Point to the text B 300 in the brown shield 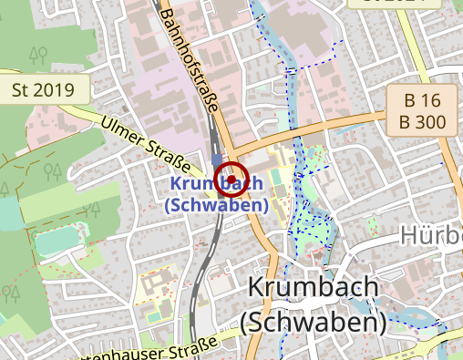(420, 121)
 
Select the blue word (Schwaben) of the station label (216, 205)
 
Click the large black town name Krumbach (313, 289)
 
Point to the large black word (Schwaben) (314, 322)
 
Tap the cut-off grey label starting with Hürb (431, 237)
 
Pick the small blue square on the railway (215, 158)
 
